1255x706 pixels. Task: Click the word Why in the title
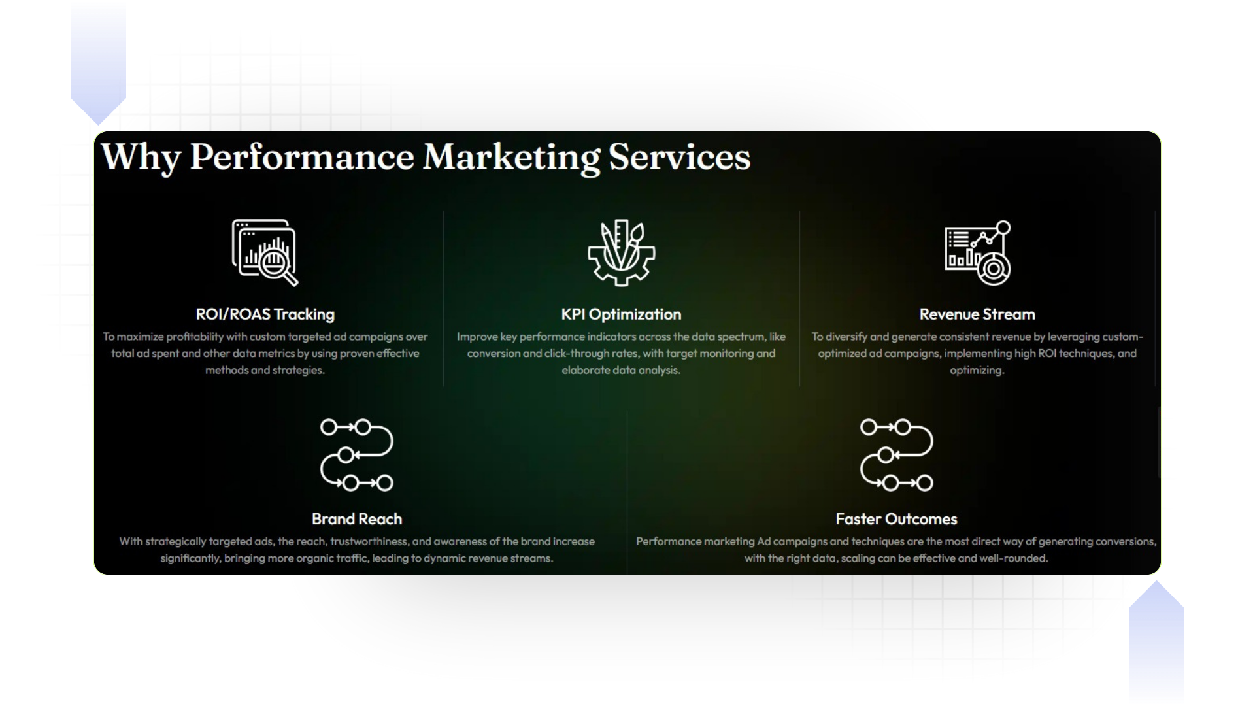click(141, 158)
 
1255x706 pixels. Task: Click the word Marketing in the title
click(511, 158)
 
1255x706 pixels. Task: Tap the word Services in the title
click(679, 158)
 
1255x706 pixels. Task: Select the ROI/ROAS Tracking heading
click(265, 314)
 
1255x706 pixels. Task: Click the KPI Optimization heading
click(621, 314)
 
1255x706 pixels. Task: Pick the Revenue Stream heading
click(977, 314)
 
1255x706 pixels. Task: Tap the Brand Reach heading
click(357, 519)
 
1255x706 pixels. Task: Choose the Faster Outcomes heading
click(896, 519)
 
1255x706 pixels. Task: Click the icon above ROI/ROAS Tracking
click(265, 252)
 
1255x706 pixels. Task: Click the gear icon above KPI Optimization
click(621, 253)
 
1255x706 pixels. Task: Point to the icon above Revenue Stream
click(977, 253)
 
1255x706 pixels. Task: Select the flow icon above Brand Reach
click(357, 455)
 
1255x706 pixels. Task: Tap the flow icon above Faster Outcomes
click(896, 455)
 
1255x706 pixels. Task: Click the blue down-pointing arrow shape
click(98, 62)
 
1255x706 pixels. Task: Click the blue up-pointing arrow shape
click(1156, 644)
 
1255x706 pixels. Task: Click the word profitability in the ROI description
click(195, 337)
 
